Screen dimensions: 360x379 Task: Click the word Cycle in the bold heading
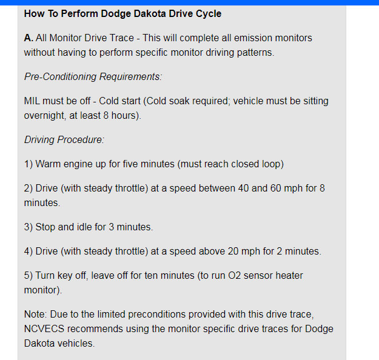207,13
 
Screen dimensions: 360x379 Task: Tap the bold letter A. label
29,38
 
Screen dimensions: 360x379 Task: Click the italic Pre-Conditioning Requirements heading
93,76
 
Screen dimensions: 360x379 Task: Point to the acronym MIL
33,101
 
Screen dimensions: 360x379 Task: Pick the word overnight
45,115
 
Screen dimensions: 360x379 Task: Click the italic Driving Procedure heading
64,139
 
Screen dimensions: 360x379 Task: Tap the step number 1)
29,164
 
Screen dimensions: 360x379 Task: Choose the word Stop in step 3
47,227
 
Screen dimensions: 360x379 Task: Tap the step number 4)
29,251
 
